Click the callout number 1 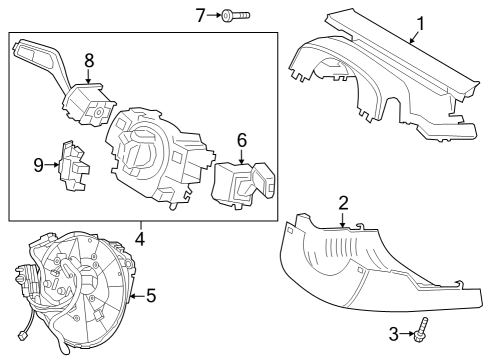421,22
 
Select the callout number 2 343,203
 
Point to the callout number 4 141,239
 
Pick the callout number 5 152,295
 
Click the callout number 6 241,143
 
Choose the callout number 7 200,15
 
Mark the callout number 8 89,60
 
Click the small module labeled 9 73,165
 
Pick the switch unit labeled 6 243,185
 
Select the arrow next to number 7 214,15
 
